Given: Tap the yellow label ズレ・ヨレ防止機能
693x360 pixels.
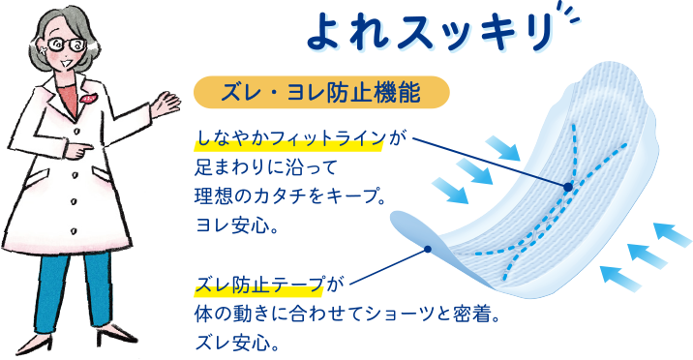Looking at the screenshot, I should (321, 93).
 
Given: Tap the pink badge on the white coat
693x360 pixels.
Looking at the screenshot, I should (88, 97).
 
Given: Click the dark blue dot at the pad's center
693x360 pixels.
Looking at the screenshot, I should (568, 185).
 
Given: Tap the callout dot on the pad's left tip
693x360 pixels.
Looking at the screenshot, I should (427, 249).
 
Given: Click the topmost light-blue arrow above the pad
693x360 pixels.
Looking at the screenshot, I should (503, 146).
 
